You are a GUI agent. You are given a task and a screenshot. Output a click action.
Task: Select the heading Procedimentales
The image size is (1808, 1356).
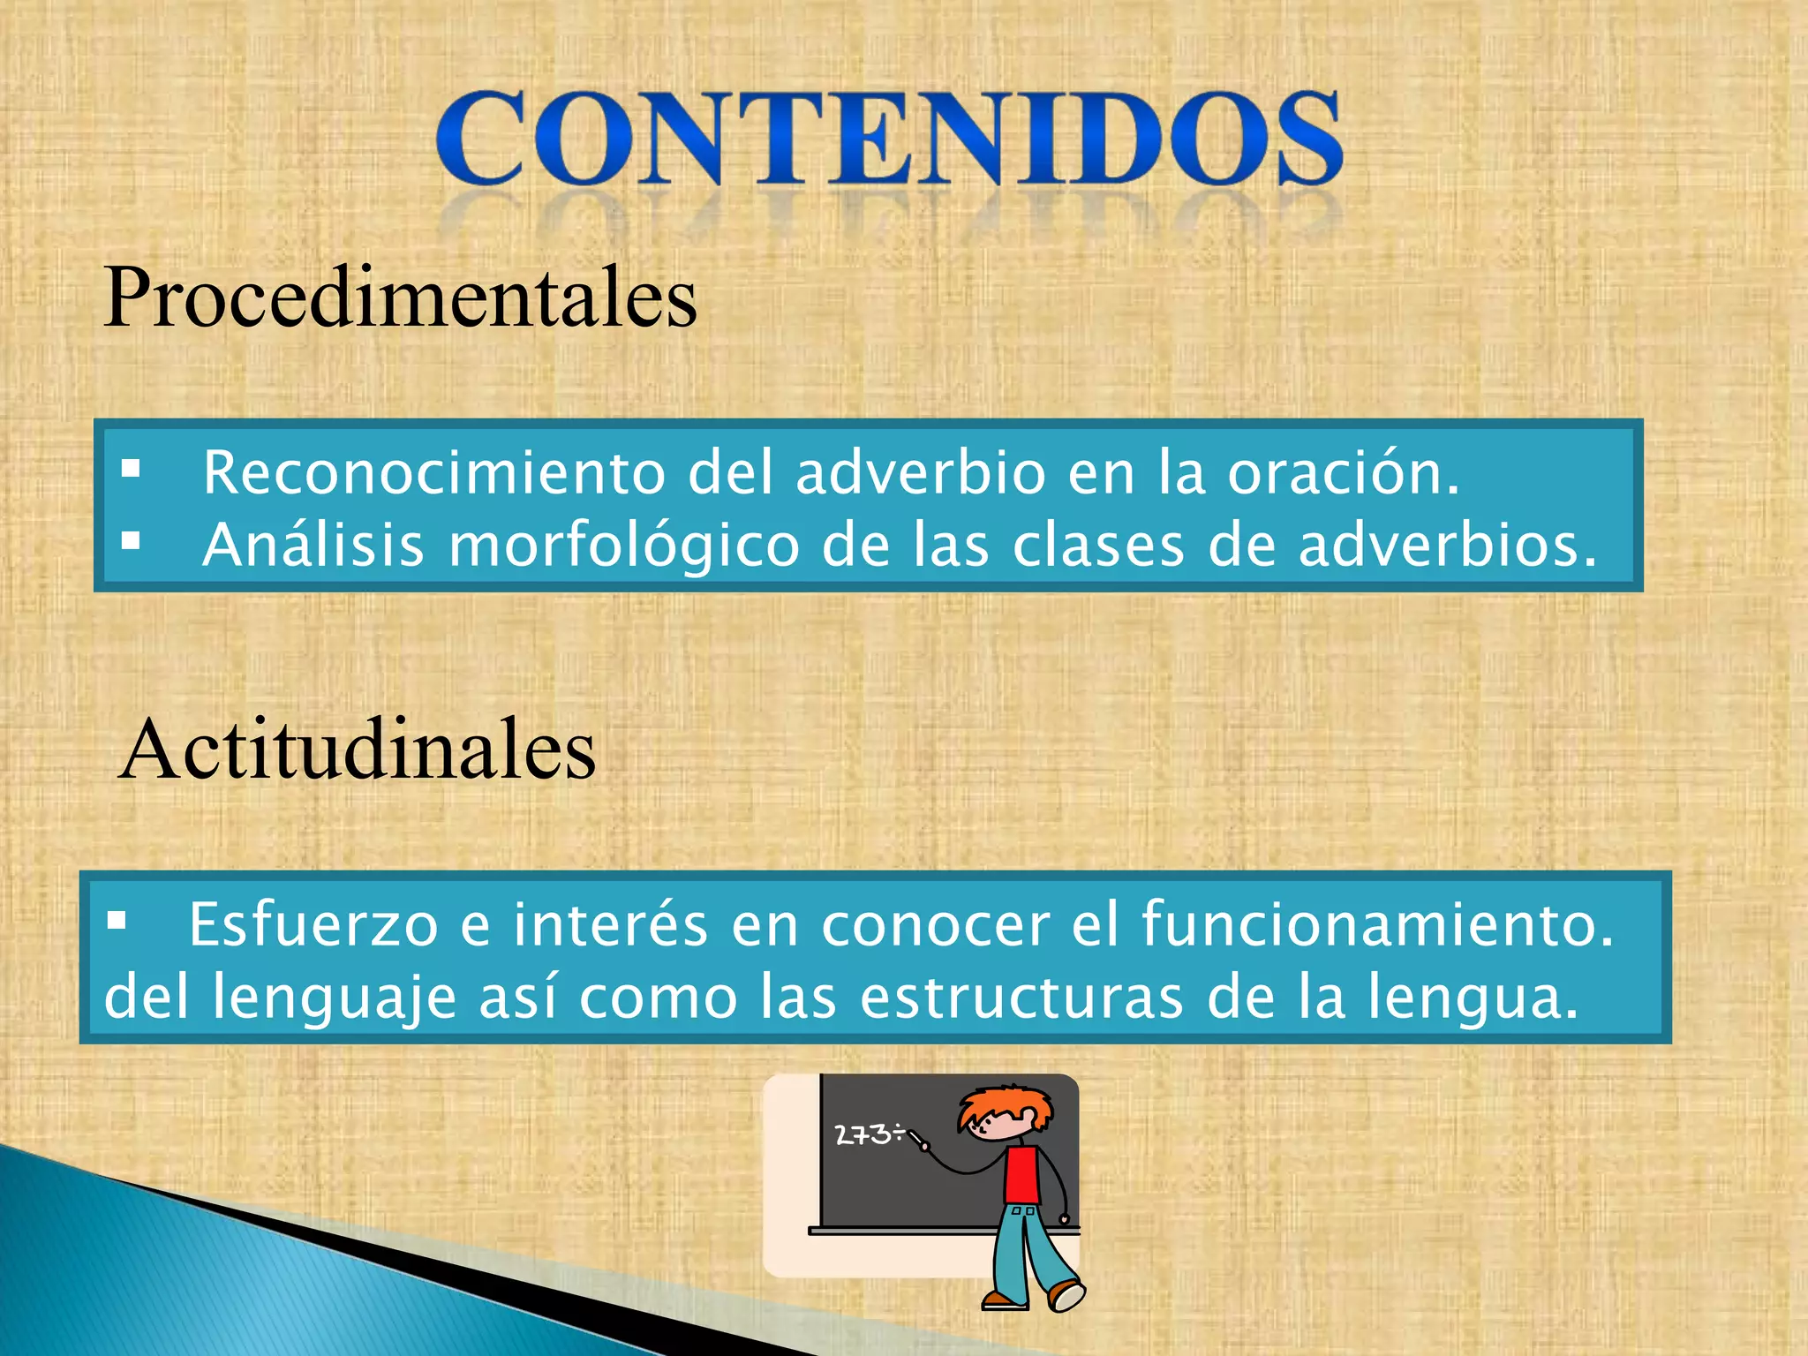401,298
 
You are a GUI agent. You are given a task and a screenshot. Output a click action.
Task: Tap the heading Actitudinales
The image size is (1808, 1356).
358,750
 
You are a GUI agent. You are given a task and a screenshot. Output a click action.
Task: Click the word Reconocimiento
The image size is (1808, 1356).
433,472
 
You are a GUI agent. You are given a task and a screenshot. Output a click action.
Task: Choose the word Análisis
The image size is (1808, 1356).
313,545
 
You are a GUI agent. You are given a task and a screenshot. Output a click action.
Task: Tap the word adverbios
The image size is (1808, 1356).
1448,545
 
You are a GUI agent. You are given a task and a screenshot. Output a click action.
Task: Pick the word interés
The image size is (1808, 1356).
611,925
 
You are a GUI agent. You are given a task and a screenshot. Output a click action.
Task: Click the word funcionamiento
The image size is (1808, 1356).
1377,925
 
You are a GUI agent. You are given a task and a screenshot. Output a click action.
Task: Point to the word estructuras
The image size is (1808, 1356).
1021,998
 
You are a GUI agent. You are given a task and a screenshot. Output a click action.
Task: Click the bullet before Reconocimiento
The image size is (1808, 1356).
132,469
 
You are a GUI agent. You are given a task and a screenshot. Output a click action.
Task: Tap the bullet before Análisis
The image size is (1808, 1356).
132,540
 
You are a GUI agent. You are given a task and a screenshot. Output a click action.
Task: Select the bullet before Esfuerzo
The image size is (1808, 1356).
117,922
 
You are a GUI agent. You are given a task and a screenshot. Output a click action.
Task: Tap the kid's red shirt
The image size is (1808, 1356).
1022,1174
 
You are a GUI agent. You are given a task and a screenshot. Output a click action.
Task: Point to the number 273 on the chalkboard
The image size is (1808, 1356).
863,1134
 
